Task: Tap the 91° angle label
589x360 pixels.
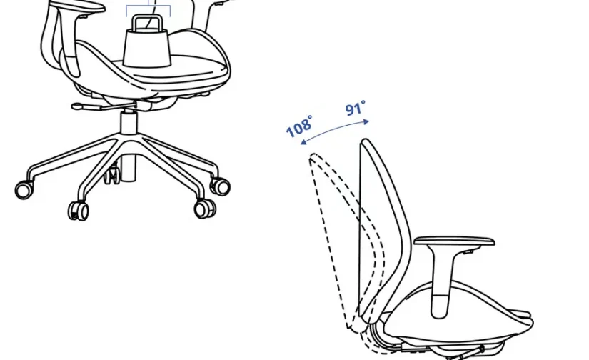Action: tap(355, 109)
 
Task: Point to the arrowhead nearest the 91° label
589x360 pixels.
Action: tap(366, 121)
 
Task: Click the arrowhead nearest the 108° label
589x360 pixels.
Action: tap(304, 141)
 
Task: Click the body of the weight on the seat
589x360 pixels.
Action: tap(147, 49)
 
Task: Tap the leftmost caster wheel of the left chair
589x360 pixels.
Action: tap(24, 189)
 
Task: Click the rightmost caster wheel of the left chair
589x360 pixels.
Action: tap(220, 186)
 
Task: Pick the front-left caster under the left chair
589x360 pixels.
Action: tap(78, 211)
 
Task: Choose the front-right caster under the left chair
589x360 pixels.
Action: tap(205, 209)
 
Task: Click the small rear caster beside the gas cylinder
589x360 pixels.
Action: tap(112, 176)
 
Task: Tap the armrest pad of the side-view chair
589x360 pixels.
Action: tap(454, 241)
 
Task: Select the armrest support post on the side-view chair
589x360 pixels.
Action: tap(441, 282)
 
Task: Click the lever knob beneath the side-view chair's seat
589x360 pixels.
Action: tap(482, 349)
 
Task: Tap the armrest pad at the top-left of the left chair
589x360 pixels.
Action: tap(77, 6)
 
